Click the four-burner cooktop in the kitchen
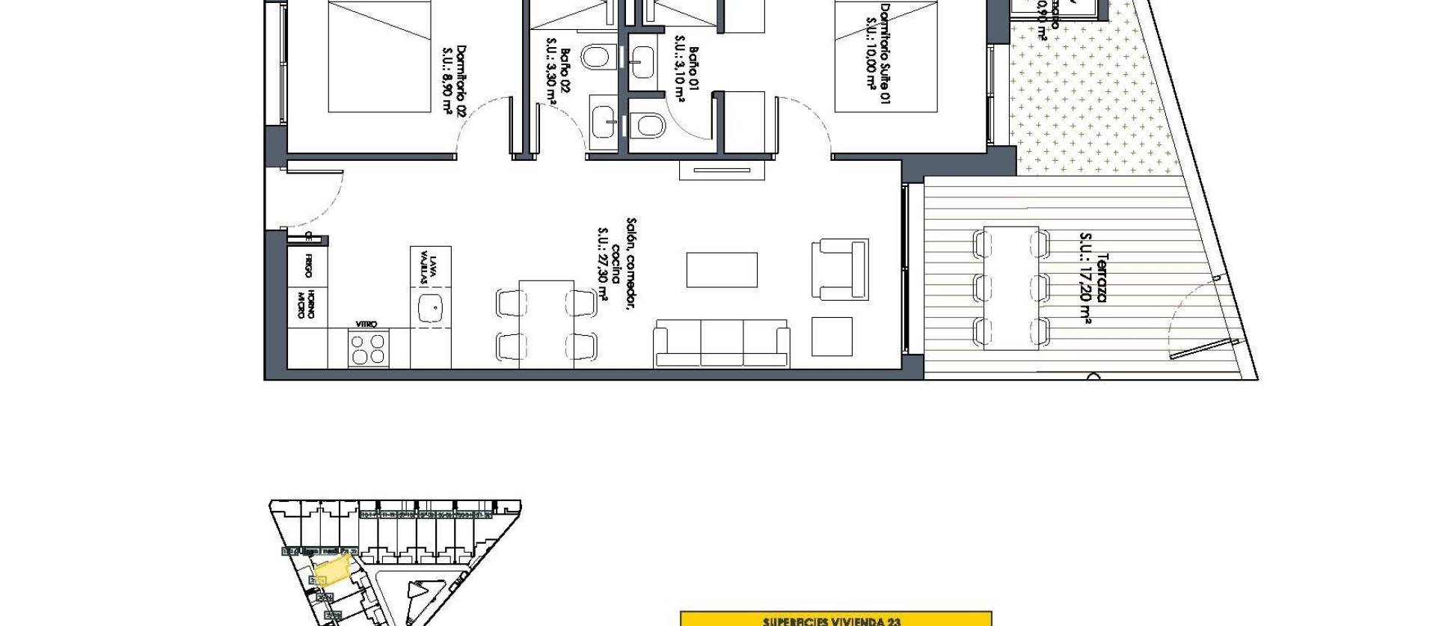[368, 348]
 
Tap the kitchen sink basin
[430, 308]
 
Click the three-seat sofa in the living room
[722, 344]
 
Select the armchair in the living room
[840, 268]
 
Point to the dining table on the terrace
[1011, 288]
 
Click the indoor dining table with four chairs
[546, 323]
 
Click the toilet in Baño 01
[648, 126]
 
